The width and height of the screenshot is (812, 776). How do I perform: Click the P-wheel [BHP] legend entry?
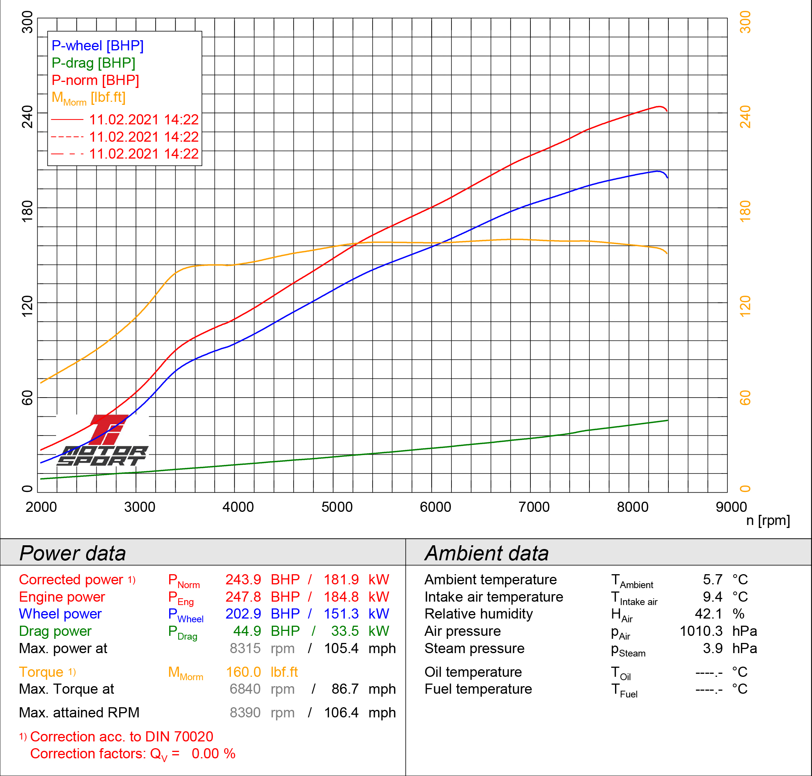pos(97,45)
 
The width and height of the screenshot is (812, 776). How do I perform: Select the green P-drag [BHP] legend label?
pos(93,63)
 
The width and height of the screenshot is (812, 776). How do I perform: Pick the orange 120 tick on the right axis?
pos(745,306)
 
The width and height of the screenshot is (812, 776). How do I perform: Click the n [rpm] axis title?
pos(768,520)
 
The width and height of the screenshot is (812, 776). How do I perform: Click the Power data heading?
pos(73,553)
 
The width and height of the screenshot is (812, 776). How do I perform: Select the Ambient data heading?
pos(486,553)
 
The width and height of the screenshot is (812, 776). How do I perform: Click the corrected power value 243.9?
pos(243,579)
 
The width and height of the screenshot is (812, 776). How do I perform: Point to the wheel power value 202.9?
pos(243,614)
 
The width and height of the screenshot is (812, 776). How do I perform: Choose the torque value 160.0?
pos(243,672)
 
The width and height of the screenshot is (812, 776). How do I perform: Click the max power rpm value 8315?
pos(245,648)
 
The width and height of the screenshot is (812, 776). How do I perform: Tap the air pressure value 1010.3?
pos(701,631)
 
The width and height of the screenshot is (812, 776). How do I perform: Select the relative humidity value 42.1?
pos(708,614)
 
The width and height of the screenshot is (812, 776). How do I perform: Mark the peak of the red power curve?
pos(659,106)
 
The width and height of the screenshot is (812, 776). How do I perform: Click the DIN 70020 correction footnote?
pos(121,737)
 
